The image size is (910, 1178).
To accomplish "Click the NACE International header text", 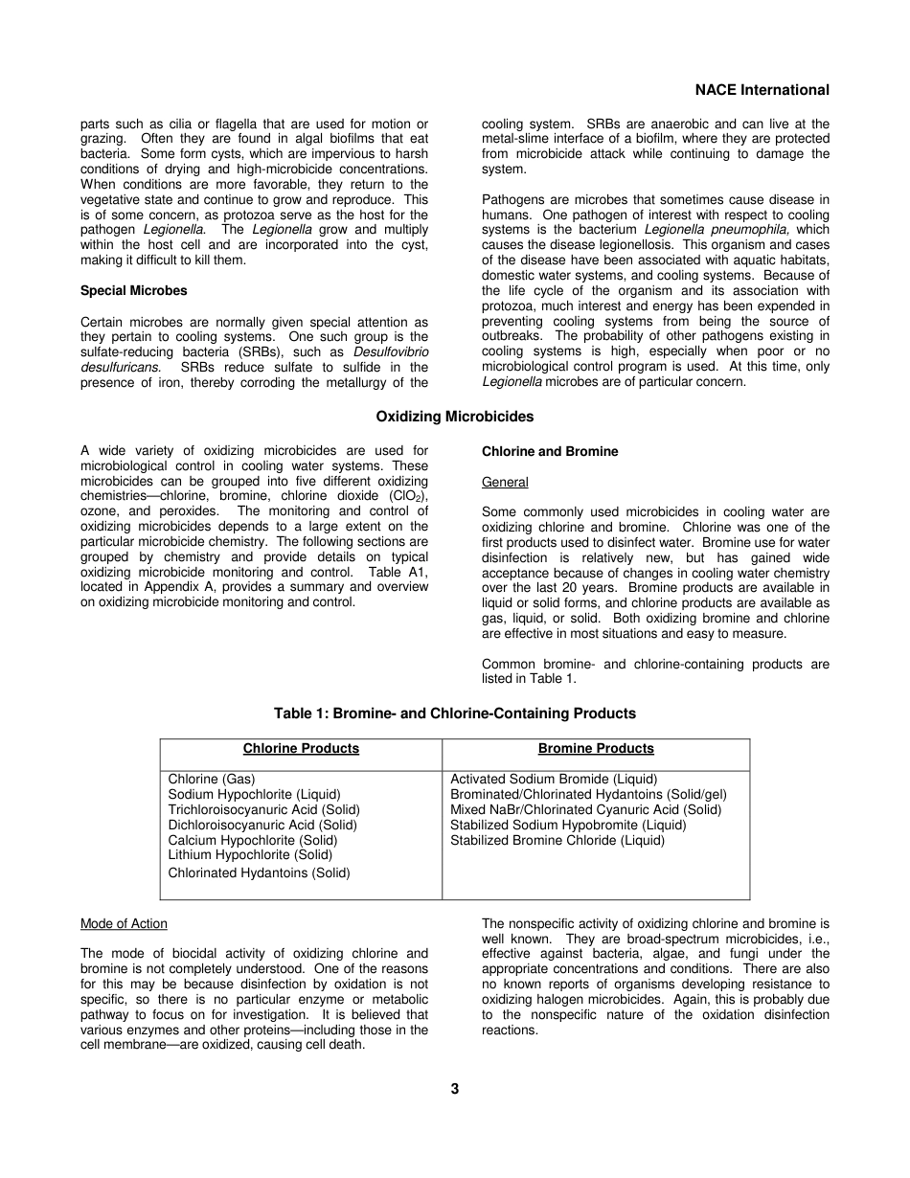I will [762, 90].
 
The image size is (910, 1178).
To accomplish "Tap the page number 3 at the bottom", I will [455, 1089].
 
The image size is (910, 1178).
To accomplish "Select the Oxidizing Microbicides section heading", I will [455, 417].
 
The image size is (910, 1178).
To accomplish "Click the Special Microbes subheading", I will [134, 290].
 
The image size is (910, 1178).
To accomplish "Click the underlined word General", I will [505, 482].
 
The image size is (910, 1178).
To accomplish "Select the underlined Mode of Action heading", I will [124, 924].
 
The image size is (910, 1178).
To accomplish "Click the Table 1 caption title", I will [455, 714].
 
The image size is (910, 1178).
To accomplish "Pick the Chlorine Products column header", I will [301, 749].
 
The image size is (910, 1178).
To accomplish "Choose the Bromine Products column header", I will [596, 749].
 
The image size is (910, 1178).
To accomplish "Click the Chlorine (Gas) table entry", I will [212, 780].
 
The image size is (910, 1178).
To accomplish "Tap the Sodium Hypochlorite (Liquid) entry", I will [254, 795].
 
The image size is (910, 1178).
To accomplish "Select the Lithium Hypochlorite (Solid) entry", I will [250, 854].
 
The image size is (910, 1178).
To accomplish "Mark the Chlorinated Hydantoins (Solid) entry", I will [259, 872].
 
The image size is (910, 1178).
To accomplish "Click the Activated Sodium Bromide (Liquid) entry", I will [554, 780].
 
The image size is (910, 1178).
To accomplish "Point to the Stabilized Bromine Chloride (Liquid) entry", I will [557, 840].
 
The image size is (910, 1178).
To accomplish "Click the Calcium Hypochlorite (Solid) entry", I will [253, 840].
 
